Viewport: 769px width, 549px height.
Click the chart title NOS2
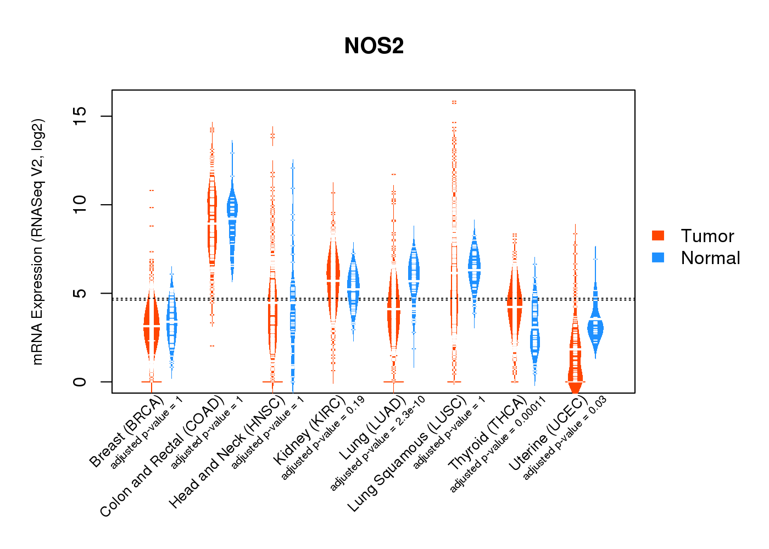[x=374, y=46]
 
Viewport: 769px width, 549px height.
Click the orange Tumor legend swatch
[x=658, y=236]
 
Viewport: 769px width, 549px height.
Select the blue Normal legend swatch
[x=658, y=257]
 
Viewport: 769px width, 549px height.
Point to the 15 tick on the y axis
[x=80, y=116]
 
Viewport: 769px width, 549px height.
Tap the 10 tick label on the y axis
[x=80, y=205]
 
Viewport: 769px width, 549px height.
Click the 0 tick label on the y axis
[x=80, y=382]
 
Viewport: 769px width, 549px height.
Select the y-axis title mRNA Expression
[x=37, y=242]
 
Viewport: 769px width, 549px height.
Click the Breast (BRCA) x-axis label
[x=126, y=432]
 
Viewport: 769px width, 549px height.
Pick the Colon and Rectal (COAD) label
[x=162, y=456]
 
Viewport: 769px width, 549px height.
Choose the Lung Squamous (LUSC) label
[x=407, y=453]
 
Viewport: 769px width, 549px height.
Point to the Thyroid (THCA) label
[x=487, y=434]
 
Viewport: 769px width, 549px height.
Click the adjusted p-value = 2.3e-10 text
[x=377, y=444]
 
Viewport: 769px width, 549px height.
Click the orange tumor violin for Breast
[x=152, y=324]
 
